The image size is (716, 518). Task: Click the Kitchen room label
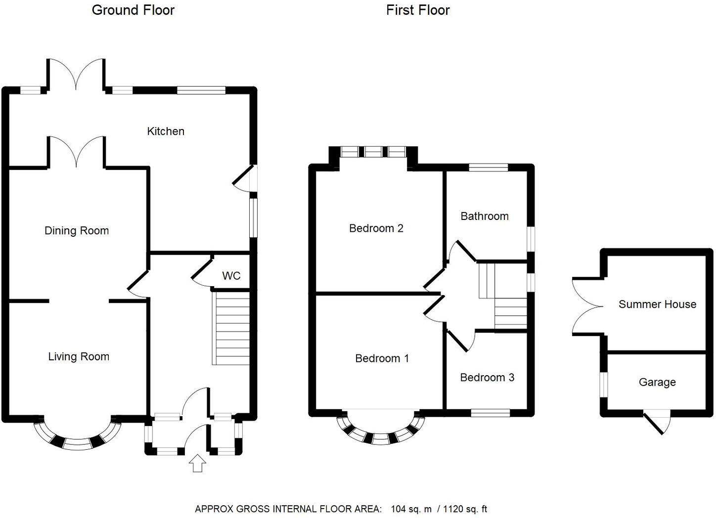(166, 131)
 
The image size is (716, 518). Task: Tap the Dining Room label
(77, 231)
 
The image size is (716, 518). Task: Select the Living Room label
(79, 357)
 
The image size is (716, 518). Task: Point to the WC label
(231, 276)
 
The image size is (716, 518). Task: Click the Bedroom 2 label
(376, 228)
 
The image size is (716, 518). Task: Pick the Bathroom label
(485, 216)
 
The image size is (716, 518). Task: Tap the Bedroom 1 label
(382, 359)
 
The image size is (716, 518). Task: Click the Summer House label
(657, 304)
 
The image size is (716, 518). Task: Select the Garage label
(657, 383)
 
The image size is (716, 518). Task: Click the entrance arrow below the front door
(197, 463)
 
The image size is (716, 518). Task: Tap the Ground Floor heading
(133, 10)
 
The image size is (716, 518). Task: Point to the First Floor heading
(418, 10)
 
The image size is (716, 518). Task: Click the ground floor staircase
(231, 328)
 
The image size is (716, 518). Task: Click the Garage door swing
(658, 421)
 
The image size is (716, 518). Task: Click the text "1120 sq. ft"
(465, 509)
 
